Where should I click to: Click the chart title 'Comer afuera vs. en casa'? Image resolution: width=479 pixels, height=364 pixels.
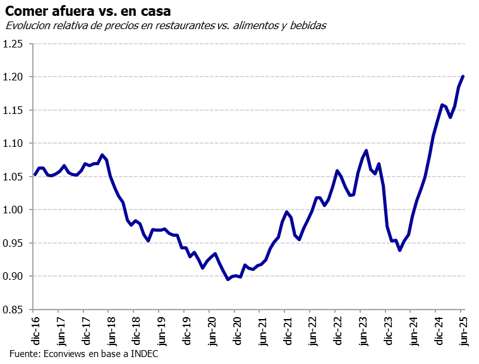pyautogui.click(x=88, y=11)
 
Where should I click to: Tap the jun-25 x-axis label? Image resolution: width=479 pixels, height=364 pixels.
pyautogui.click(x=463, y=327)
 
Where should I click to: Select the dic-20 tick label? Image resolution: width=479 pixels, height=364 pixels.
pyautogui.click(x=235, y=327)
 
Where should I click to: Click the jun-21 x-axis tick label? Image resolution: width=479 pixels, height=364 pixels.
pyautogui.click(x=260, y=327)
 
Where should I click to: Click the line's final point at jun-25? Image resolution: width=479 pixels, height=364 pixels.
pyautogui.click(x=463, y=77)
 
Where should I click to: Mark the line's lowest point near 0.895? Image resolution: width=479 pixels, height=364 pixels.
pyautogui.click(x=228, y=279)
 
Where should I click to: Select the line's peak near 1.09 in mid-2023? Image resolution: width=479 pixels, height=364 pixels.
pyautogui.click(x=367, y=151)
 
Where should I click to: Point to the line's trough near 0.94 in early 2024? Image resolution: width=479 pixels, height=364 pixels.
pyautogui.click(x=400, y=250)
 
